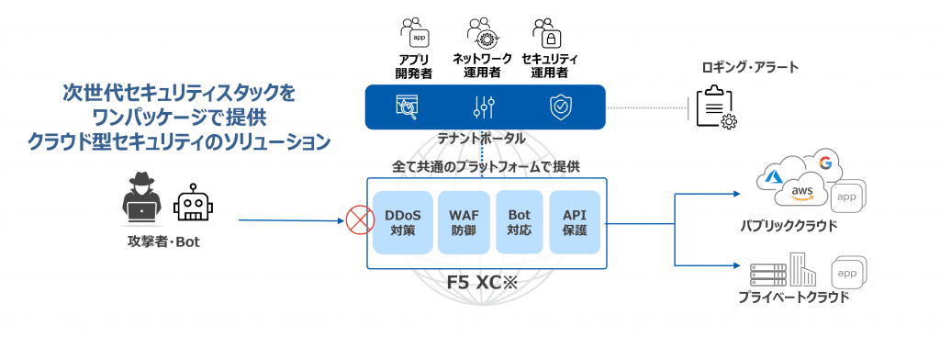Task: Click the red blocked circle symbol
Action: pos(358,221)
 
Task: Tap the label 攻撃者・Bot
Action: pos(163,243)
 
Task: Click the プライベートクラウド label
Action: pos(791,297)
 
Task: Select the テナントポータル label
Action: pos(483,140)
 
